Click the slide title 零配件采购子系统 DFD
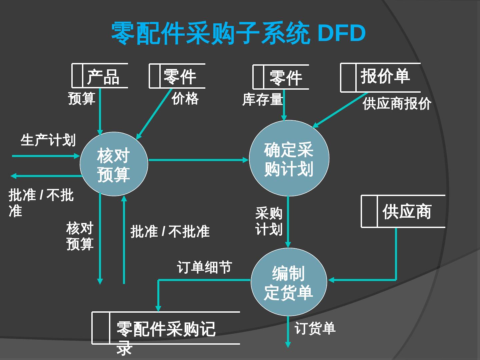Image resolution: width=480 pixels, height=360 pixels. [238, 33]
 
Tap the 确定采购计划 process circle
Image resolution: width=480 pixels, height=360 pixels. [289, 158]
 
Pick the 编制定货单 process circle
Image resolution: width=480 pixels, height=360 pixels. [289, 282]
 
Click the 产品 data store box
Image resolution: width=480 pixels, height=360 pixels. [100, 76]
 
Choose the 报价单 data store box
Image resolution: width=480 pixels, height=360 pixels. [380, 77]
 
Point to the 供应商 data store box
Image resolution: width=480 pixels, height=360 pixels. [403, 211]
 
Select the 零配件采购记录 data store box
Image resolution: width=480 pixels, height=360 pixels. [166, 328]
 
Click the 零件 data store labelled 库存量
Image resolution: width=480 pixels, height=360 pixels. [281, 77]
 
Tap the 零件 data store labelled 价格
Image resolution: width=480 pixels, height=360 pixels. [177, 76]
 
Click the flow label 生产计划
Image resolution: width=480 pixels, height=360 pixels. [48, 140]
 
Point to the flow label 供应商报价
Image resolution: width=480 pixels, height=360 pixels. [397, 104]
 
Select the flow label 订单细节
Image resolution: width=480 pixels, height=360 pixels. [204, 267]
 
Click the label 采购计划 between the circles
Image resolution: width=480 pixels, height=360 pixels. [269, 221]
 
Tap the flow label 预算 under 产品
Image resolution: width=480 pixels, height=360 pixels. [82, 99]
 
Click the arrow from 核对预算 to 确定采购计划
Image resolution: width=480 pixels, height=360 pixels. [198, 160]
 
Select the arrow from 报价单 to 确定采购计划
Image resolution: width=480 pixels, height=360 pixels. [340, 110]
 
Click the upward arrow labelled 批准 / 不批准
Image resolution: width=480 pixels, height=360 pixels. [124, 240]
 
